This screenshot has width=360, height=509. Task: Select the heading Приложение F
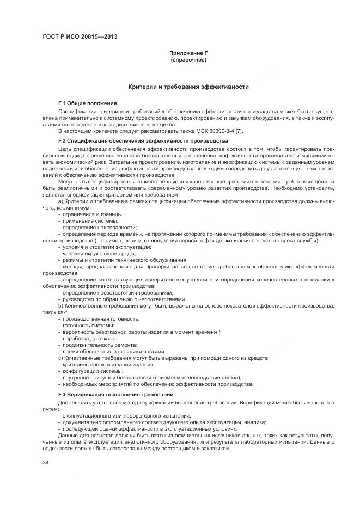pos(188,53)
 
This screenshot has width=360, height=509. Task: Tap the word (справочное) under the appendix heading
pos(188,59)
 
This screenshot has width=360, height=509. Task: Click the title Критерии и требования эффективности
pos(188,87)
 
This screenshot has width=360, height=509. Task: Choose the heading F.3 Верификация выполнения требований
pos(115,394)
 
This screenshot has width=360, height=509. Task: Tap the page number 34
pos(46,462)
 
